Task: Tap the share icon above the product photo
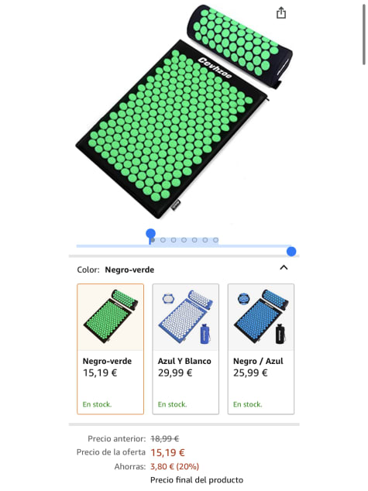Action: tap(281, 13)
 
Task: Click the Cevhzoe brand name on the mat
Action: tap(215, 68)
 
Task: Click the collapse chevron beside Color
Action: tap(284, 267)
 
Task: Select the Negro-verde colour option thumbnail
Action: tap(110, 317)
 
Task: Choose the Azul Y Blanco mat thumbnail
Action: tap(186, 317)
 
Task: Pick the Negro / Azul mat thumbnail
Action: tap(261, 317)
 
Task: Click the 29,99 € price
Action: tap(175, 373)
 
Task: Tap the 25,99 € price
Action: tap(250, 373)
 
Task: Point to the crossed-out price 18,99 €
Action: tap(165, 438)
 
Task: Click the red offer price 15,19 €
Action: tap(167, 452)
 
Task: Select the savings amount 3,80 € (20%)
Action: tap(174, 466)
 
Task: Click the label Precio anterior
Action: tap(116, 438)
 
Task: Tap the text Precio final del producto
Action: tap(197, 480)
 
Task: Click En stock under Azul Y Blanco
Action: tap(172, 404)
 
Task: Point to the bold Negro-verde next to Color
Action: tap(129, 270)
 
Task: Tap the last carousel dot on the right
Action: tap(215, 240)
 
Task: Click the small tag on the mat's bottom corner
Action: tap(176, 204)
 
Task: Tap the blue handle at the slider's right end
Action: tap(291, 251)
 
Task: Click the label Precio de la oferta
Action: tap(111, 452)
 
